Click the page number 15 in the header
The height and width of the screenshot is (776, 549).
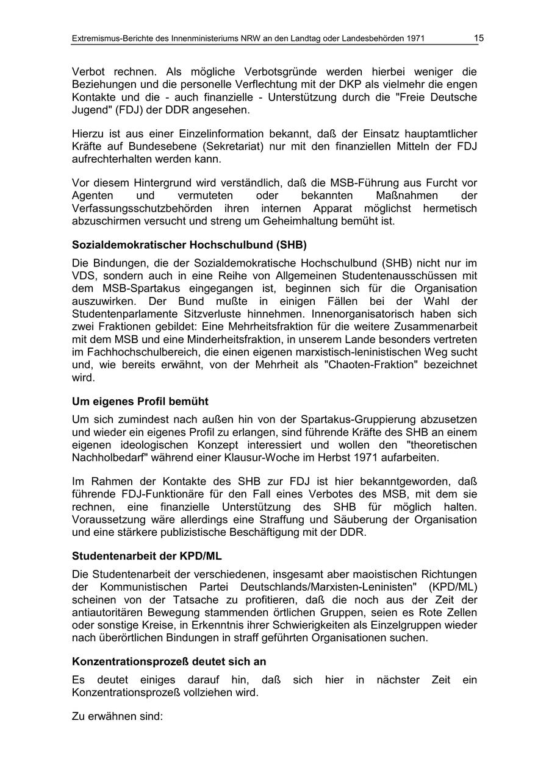point(479,38)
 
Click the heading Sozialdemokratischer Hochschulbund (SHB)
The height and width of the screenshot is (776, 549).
point(189,245)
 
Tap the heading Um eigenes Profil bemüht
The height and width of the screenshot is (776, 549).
point(140,402)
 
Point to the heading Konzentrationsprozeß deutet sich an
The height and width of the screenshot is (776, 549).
point(169,661)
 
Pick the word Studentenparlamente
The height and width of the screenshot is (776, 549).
point(122,314)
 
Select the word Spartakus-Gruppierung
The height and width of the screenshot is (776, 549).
point(354,419)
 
